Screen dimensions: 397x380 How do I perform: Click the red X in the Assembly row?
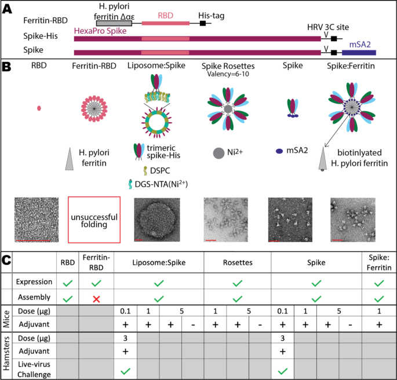click(x=96, y=299)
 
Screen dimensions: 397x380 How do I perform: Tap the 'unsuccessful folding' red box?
click(x=94, y=220)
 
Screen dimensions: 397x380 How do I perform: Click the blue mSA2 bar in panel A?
click(x=359, y=53)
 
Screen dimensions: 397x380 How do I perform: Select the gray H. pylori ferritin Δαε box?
click(x=114, y=23)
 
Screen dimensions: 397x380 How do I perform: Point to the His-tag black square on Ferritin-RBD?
click(x=202, y=23)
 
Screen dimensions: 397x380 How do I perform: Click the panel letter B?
click(x=6, y=67)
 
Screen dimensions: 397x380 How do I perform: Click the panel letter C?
click(x=6, y=260)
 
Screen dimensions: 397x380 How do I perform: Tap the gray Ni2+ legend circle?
click(x=218, y=153)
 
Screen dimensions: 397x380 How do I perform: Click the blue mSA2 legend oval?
click(x=279, y=151)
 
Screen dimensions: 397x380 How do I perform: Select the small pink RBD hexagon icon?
click(x=39, y=108)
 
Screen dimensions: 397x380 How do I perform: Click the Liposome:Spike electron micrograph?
click(x=157, y=220)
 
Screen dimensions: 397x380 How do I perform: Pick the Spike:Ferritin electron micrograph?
click(x=353, y=220)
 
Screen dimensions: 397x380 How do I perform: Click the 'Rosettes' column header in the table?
click(x=238, y=262)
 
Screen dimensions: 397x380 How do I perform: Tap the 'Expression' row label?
click(x=34, y=282)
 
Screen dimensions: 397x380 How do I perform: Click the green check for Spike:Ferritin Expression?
click(x=379, y=283)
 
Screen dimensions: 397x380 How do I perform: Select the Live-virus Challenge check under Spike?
click(x=283, y=371)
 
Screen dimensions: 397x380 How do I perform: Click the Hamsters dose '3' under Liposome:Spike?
click(x=125, y=338)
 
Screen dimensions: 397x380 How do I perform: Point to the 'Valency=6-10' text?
click(x=228, y=74)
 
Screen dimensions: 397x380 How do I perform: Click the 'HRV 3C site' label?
click(x=328, y=27)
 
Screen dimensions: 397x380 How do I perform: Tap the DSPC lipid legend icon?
click(x=145, y=171)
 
